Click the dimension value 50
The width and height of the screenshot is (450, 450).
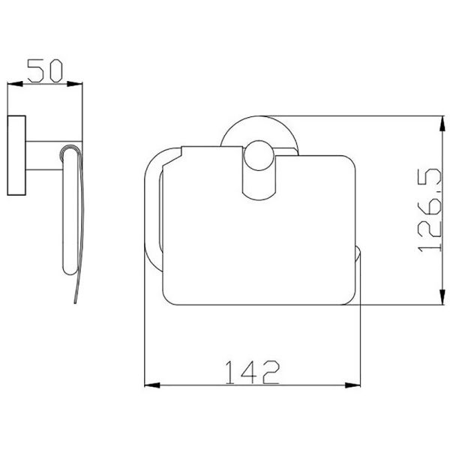45,70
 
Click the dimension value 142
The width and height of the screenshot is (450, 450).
252,372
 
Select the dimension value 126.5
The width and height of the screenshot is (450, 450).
429,210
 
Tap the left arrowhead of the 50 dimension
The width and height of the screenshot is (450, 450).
15,84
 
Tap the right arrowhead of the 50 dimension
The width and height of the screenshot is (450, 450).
74,84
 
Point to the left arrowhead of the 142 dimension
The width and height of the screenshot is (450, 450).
152,385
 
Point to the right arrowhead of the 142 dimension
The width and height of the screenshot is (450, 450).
352,385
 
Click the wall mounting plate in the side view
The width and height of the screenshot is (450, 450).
16,155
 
